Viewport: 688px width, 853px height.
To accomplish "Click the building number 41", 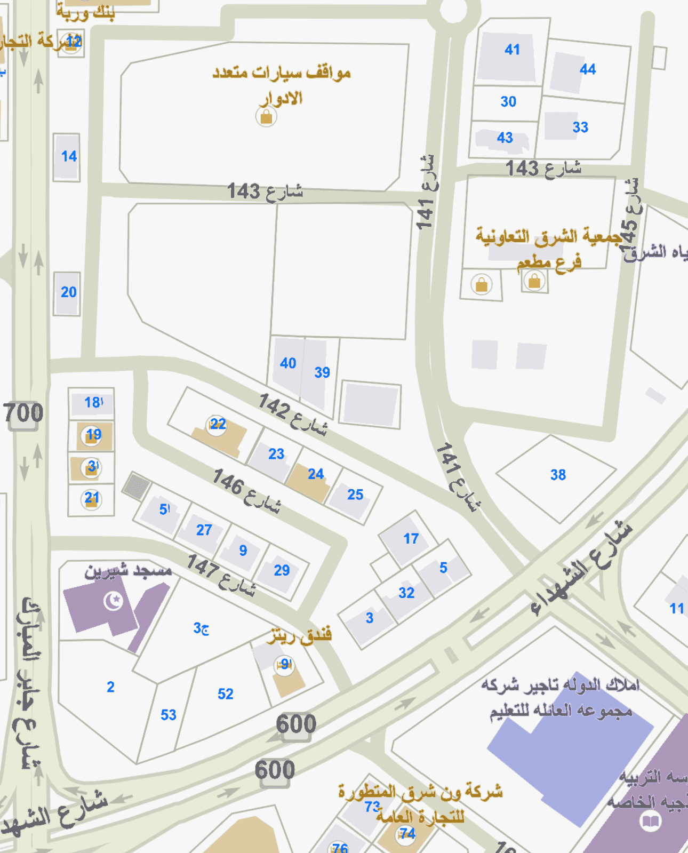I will pos(512,50).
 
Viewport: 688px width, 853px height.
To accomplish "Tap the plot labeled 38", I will pos(558,475).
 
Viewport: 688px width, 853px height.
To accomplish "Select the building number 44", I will pos(587,69).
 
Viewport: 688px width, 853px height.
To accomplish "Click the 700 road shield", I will pos(23,413).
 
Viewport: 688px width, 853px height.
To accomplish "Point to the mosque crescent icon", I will pos(113,601).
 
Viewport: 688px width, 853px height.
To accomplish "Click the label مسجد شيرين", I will pos(128,571).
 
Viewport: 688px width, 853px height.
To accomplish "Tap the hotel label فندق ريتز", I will pos(301,635).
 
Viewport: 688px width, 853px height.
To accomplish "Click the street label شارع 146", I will pos(246,490).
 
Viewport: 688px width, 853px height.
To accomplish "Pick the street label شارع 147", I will pos(221,573).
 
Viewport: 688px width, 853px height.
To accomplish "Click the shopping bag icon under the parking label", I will pos(266,116).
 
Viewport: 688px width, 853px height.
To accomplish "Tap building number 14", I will pos(69,156).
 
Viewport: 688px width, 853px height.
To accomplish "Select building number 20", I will pos(68,292).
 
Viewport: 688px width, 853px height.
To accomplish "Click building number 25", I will pos(355,495).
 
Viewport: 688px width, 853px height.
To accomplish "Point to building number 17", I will pos(411,539).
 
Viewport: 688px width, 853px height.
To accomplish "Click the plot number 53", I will pos(169,715).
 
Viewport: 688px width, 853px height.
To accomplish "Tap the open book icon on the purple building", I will pos(650,820).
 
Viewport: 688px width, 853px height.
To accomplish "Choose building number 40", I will pos(288,363).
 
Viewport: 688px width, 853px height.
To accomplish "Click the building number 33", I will pos(580,127).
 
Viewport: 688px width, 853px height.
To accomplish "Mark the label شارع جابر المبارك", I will pos(29,683).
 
